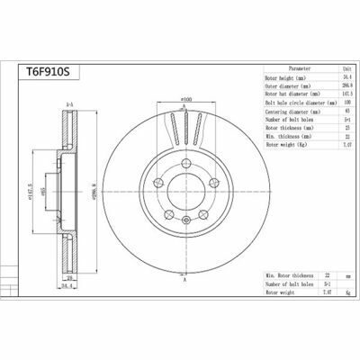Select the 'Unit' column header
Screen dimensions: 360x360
(x=348, y=67)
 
